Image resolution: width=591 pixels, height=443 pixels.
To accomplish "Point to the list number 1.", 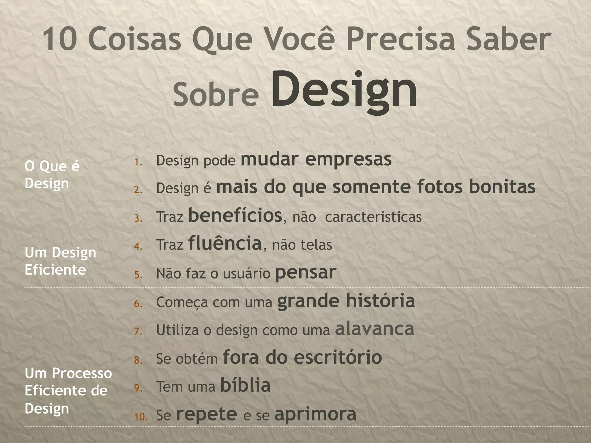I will pos(139,162).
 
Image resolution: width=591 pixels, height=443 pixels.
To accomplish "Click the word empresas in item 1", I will pos(348,159).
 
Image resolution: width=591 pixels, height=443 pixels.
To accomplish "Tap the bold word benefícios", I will pos(235,215).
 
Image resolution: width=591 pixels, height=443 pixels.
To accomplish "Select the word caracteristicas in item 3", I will pos(373,217).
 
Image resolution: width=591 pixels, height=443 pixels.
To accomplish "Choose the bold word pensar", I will pos(306,273).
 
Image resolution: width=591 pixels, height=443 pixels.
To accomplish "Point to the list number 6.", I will pos(139,304).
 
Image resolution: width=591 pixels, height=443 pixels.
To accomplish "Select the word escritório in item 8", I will pos(338,357).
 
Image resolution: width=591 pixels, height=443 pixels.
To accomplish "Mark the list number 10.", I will pos(141,417).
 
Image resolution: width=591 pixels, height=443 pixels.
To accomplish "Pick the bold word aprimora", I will pos(315,414).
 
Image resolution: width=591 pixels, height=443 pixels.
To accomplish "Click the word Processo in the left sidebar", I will pos(82,373).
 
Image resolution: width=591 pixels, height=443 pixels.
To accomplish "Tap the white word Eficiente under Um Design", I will pos(55,270).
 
